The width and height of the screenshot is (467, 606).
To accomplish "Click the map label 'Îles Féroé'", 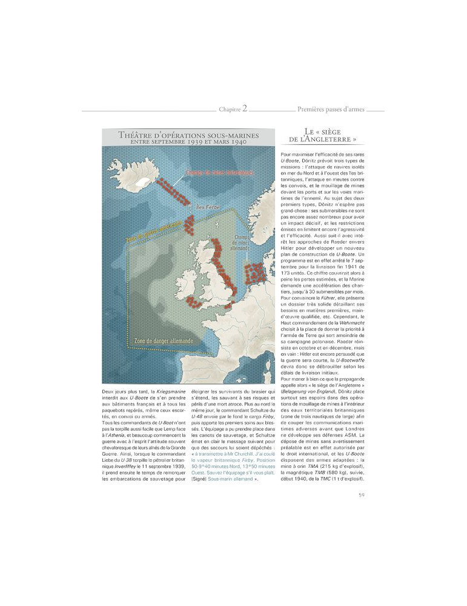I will click(x=209, y=207).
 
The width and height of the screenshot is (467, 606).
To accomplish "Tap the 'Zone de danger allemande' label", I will click(x=164, y=341).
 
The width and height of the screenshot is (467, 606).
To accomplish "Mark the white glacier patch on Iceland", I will click(x=143, y=180).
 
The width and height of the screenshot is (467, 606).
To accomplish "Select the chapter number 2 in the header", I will click(x=245, y=109).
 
